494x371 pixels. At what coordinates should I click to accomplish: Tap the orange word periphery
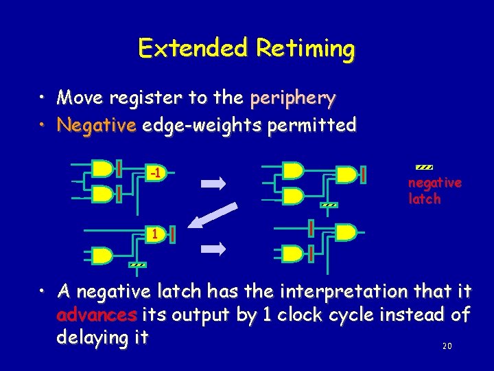pos(293,98)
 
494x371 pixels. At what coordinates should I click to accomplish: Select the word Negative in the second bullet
pos(97,125)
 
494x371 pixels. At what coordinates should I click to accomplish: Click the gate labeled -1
pos(156,173)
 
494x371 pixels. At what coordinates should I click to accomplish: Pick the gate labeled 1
pos(155,234)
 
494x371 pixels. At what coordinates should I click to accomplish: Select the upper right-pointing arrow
pos(213,183)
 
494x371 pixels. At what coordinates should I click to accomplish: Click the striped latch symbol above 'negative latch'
pos(424,167)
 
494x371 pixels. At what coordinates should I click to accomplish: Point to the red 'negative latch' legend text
pos(434,191)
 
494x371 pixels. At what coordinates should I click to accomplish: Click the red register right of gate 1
pos(172,235)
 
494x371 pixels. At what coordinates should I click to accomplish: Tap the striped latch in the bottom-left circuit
pos(137,265)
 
